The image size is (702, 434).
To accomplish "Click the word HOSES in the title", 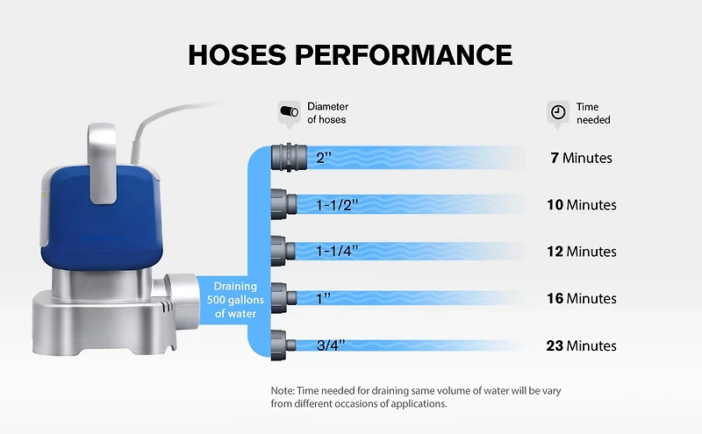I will [x=238, y=54].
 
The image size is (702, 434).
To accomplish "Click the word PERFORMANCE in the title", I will [x=404, y=54].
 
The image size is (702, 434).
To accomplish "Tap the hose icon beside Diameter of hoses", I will [x=288, y=112].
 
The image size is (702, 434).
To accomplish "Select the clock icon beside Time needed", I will [x=557, y=112].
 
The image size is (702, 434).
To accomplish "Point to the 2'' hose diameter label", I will [x=324, y=159].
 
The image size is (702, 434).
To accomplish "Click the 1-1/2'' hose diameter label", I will [x=336, y=205].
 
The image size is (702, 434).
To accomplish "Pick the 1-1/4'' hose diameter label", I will [x=336, y=252].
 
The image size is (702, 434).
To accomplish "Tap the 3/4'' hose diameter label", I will [x=332, y=345].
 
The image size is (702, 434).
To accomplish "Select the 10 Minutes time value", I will [x=581, y=205].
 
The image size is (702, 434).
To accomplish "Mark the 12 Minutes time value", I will [x=581, y=252].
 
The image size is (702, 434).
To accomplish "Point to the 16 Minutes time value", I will [x=581, y=298].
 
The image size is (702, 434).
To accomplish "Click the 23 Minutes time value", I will [x=581, y=345].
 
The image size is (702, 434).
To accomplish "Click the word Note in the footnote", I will [x=283, y=390].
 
